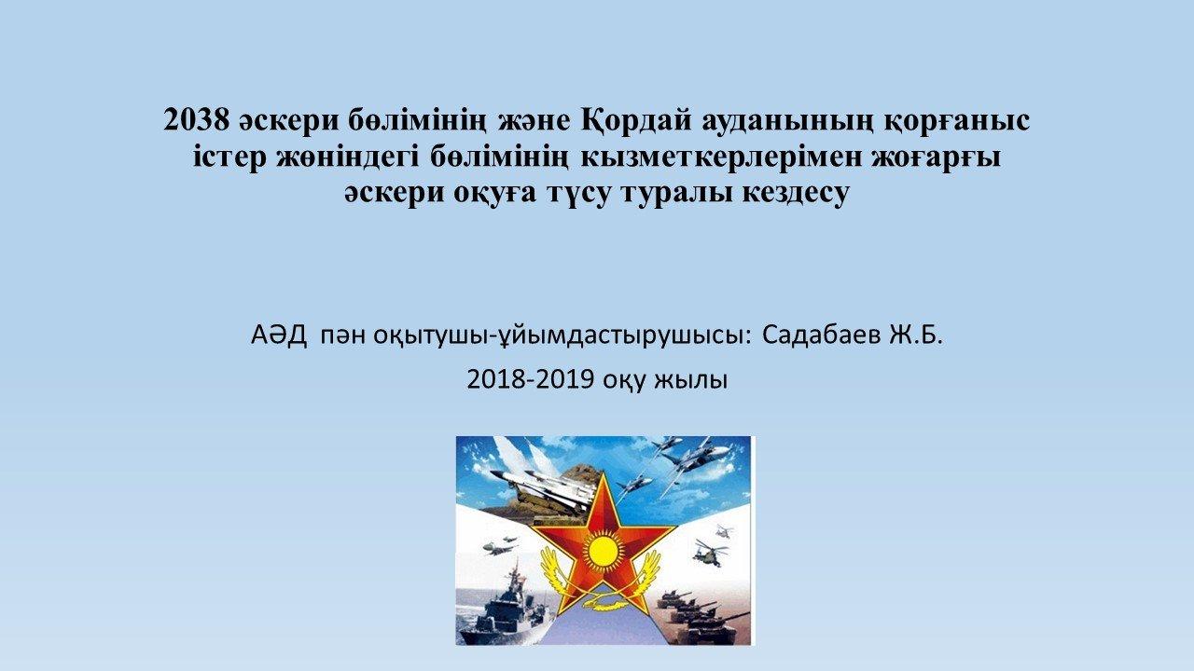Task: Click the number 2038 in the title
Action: click(196, 120)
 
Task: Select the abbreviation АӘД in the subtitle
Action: click(279, 335)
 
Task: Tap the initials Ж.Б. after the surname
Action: click(915, 335)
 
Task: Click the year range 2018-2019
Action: click(531, 379)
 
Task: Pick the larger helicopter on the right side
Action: click(711, 553)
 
